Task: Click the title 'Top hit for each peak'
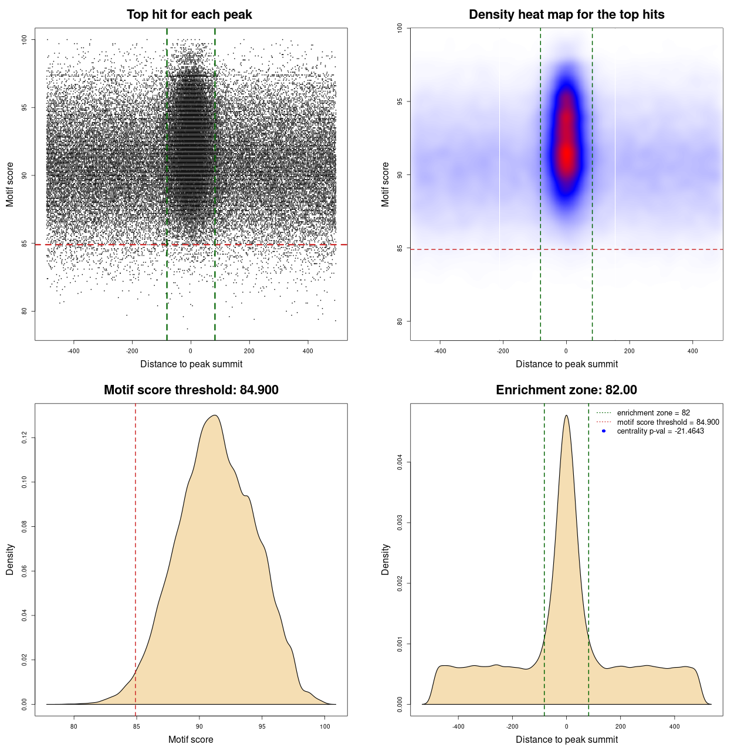click(190, 15)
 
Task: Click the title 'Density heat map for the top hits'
click(566, 15)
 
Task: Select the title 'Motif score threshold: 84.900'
click(191, 390)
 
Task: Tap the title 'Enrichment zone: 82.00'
click(566, 390)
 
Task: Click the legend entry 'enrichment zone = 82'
click(653, 413)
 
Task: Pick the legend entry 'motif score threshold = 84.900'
click(668, 422)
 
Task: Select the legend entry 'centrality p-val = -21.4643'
click(660, 431)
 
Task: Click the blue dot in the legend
click(604, 431)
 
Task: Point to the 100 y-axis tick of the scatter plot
click(25, 39)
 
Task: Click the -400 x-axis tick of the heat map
click(439, 351)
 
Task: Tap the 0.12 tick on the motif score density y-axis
click(25, 438)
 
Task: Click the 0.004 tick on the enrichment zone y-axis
click(400, 462)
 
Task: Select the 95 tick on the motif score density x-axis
click(262, 726)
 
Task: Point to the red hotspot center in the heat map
click(566, 154)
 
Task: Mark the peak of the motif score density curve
click(215, 415)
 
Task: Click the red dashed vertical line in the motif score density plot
click(136, 557)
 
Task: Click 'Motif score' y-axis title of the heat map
click(385, 184)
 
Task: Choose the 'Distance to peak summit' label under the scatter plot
click(191, 364)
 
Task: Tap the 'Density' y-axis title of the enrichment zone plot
click(385, 559)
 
